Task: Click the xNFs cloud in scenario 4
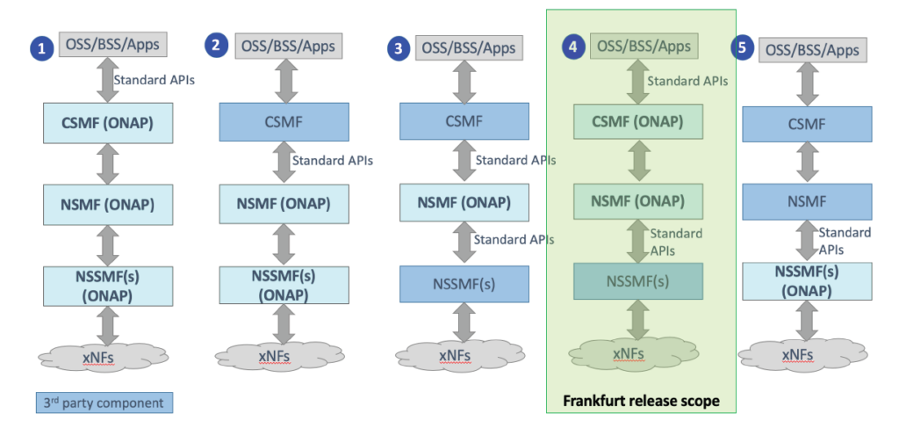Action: pos(629,353)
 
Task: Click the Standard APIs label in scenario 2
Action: pos(333,162)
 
